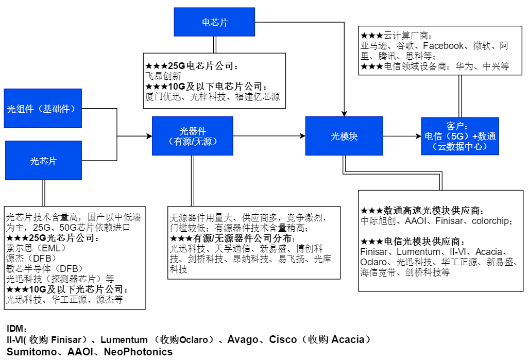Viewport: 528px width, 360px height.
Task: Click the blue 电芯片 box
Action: pyautogui.click(x=214, y=22)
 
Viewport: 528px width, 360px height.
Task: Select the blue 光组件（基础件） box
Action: pyautogui.click(x=43, y=109)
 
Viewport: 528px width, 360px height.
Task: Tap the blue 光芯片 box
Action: pyautogui.click(x=43, y=161)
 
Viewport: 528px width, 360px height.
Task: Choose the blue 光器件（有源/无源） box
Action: pyautogui.click(x=192, y=136)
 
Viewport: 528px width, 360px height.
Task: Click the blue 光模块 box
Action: pyautogui.click(x=344, y=136)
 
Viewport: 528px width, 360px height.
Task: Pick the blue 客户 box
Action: pyautogui.click(x=459, y=136)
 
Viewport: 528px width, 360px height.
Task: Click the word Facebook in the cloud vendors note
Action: pyautogui.click(x=443, y=46)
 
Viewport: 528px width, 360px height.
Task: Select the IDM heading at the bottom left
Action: pyautogui.click(x=16, y=329)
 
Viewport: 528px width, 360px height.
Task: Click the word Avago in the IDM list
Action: pyautogui.click(x=243, y=340)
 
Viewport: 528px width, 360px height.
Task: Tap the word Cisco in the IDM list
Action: pyautogui.click(x=283, y=340)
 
